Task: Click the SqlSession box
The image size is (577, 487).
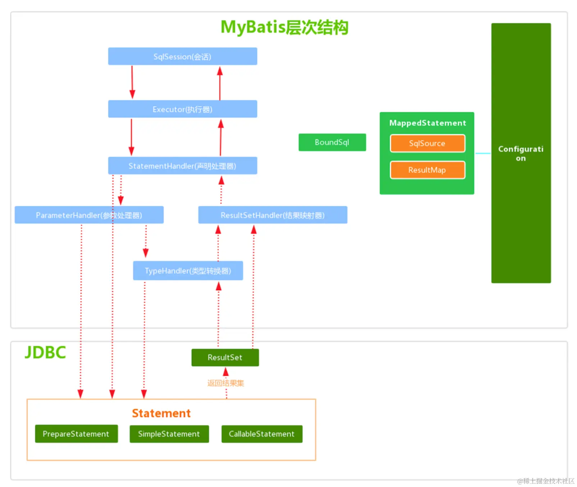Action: tap(182, 56)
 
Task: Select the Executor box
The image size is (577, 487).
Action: tap(182, 109)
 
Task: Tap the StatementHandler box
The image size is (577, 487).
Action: tap(182, 166)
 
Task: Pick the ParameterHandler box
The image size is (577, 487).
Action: tap(89, 215)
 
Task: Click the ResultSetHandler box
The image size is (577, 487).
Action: tap(272, 215)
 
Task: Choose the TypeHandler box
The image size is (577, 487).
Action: tap(188, 270)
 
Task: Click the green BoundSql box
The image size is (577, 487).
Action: tap(332, 142)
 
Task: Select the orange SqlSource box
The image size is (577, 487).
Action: tap(427, 144)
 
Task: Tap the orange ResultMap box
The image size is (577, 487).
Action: tap(427, 170)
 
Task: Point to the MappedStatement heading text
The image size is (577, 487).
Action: tap(427, 123)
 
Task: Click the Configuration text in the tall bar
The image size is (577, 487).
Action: tap(521, 154)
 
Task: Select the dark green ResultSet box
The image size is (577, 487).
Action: tap(225, 358)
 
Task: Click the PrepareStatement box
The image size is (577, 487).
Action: tap(76, 434)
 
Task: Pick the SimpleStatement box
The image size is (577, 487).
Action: tap(169, 434)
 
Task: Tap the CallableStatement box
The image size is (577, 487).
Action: tap(262, 434)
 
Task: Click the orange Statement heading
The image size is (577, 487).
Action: tap(161, 413)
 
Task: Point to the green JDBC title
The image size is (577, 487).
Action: tap(45, 352)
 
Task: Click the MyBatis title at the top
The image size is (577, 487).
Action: tap(284, 27)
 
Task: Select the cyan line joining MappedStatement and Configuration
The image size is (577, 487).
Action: tap(483, 154)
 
